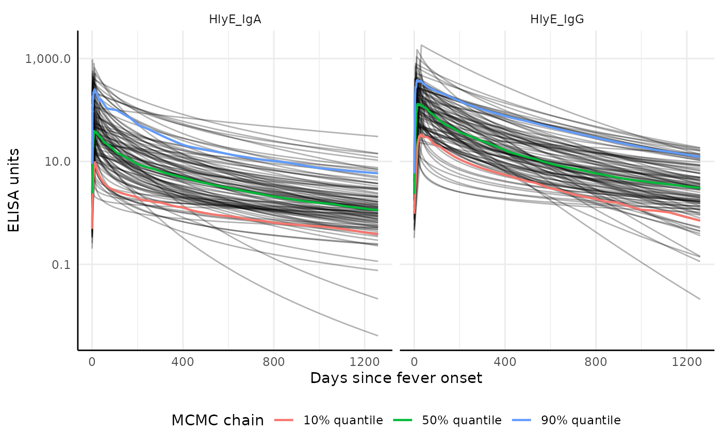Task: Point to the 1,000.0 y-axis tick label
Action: click(47, 58)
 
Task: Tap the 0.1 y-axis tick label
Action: click(60, 264)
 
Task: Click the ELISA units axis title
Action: click(14, 190)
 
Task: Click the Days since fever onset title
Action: click(396, 378)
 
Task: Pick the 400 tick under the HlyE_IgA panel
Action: click(183, 361)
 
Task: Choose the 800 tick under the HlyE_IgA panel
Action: click(273, 361)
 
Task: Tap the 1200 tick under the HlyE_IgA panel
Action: click(364, 361)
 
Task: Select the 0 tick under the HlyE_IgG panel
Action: click(414, 361)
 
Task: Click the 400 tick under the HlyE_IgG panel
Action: click(505, 361)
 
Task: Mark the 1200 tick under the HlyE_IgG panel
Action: click(686, 361)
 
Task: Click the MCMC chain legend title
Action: click(217, 421)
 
